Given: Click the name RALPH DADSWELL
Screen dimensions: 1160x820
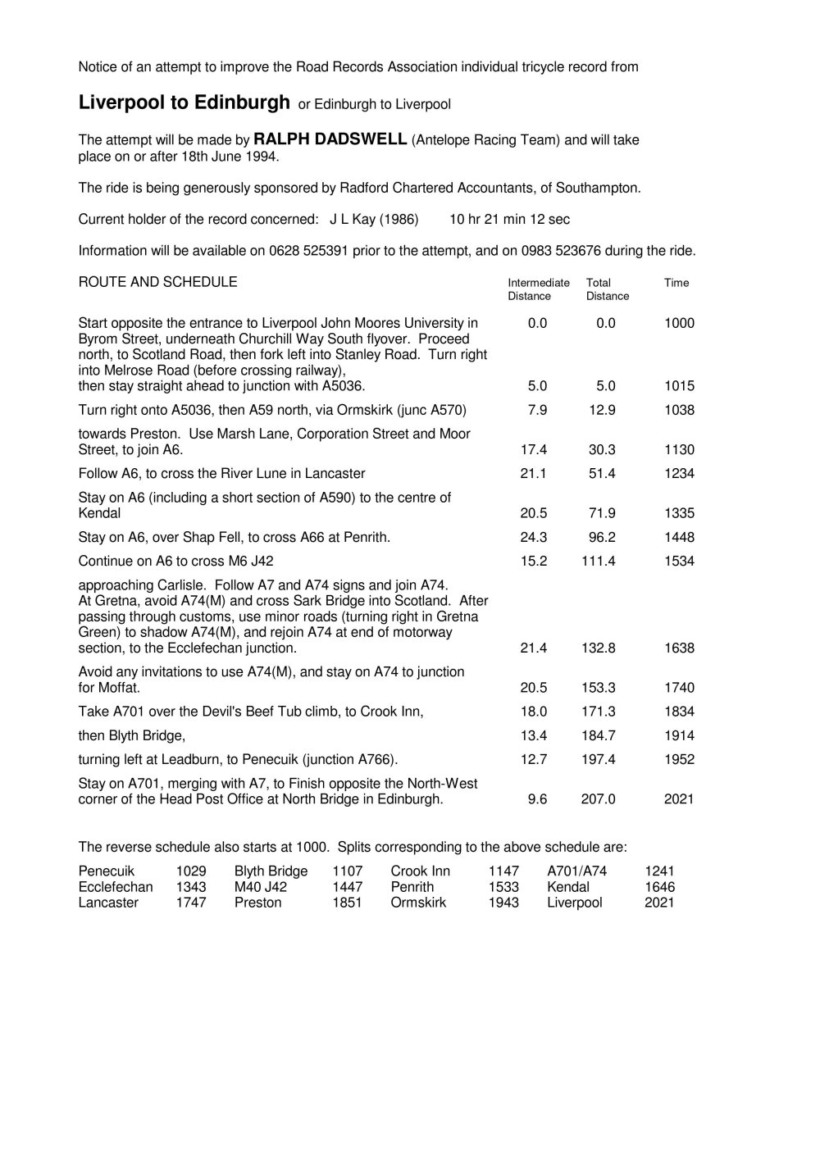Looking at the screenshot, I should tap(330, 139).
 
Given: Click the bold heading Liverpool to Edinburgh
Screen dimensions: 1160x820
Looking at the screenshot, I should tap(184, 102).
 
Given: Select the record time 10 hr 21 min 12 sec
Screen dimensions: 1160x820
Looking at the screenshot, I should tap(510, 220).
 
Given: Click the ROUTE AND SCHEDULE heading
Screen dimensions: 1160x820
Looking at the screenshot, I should tap(157, 282).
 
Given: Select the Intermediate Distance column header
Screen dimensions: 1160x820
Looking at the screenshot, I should tap(538, 289).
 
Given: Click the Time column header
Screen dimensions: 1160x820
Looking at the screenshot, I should tap(676, 283).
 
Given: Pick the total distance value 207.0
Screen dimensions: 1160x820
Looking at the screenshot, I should tap(598, 798).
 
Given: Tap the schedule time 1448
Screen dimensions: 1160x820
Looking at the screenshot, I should tap(679, 538).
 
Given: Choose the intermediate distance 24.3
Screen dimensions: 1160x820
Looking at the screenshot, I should tap(534, 538).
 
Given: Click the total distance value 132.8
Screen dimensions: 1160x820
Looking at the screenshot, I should tap(598, 648).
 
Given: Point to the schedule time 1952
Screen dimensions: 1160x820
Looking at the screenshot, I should tap(679, 759).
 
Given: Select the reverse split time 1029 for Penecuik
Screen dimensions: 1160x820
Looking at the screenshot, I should tap(191, 871).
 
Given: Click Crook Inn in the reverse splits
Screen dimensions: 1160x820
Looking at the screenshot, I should tap(421, 871).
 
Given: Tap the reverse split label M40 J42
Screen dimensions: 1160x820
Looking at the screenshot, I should tap(261, 887).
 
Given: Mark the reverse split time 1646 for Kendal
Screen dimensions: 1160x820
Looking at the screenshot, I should tap(660, 887).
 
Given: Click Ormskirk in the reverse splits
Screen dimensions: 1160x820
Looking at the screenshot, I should tap(418, 903).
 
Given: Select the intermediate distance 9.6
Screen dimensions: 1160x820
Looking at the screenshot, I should tap(537, 798).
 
